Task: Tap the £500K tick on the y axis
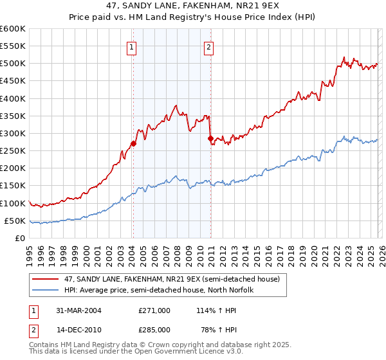point(12,64)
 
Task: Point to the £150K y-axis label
point(12,186)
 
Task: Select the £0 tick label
point(19,238)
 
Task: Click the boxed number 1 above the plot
point(132,46)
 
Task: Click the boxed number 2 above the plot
point(210,46)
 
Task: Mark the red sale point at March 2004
point(133,143)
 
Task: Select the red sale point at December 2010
point(210,138)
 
